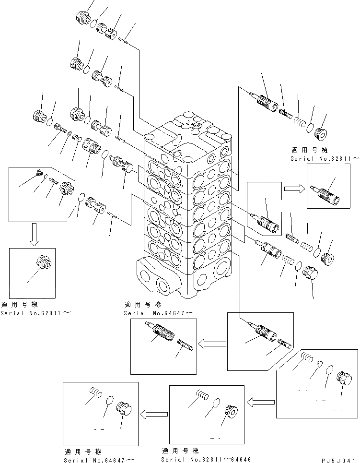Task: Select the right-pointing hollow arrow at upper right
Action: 292,188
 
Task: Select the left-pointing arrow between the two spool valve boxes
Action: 211,343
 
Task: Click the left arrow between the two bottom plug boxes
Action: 153,412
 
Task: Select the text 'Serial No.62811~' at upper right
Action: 324,158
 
